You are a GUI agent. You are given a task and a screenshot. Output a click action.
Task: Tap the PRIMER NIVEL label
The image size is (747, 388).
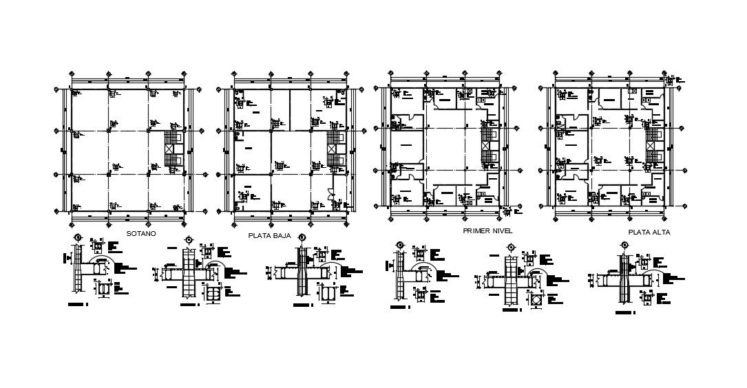(x=488, y=230)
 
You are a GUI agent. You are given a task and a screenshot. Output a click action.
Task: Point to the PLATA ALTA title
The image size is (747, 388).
(x=649, y=233)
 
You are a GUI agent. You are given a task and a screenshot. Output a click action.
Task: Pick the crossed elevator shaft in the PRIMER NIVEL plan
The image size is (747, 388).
(x=487, y=147)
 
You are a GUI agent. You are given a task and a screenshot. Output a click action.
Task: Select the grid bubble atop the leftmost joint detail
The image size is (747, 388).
(x=78, y=237)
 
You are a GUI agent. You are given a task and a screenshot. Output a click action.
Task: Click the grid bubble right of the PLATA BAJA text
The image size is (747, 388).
(x=301, y=237)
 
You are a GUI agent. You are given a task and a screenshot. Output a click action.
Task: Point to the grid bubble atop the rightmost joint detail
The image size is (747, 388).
(x=625, y=244)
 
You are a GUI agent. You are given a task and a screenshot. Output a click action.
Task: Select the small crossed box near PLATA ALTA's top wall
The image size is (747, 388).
(x=633, y=91)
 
